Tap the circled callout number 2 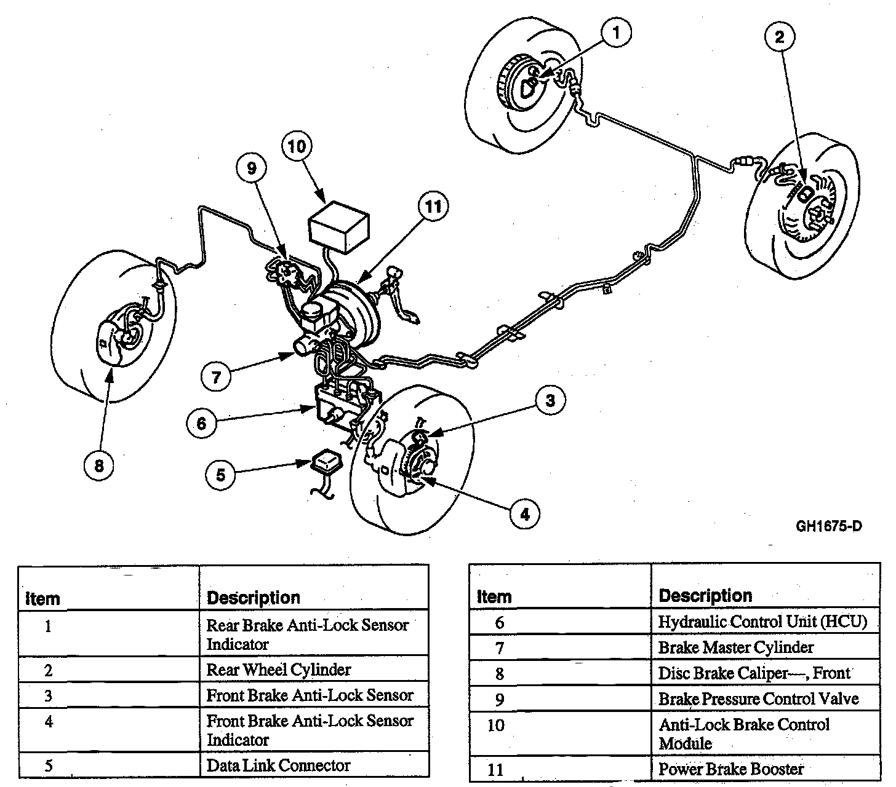pos(779,38)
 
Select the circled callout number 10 pos(297,147)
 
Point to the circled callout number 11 pos(433,207)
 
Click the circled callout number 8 pos(99,466)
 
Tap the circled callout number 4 pos(524,513)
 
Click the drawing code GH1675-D pos(829,526)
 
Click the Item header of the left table pos(42,598)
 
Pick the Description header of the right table pos(705,596)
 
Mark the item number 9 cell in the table pos(499,699)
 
